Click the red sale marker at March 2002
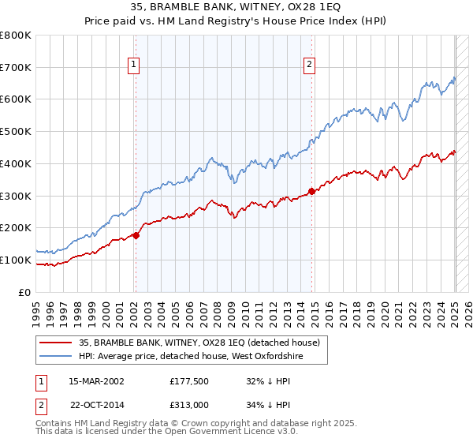136,234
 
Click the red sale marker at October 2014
311,190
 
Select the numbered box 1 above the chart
134,66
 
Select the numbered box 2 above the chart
310,66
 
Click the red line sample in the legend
55,343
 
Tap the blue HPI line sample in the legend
55,357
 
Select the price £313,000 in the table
192,404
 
